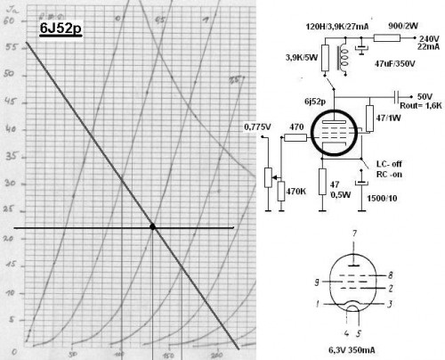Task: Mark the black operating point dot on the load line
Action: pyautogui.click(x=152, y=226)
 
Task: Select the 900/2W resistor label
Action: pyautogui.click(x=392, y=28)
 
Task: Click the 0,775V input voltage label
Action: pyautogui.click(x=255, y=128)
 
